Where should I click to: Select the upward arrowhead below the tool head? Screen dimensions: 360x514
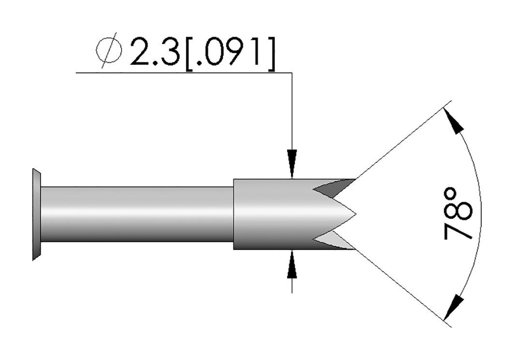point(292,264)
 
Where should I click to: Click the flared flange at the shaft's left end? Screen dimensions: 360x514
point(36,214)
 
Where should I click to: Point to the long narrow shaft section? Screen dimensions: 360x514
point(136,214)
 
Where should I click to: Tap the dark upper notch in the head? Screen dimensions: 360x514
point(329,188)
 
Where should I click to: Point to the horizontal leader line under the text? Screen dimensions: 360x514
point(181,73)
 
